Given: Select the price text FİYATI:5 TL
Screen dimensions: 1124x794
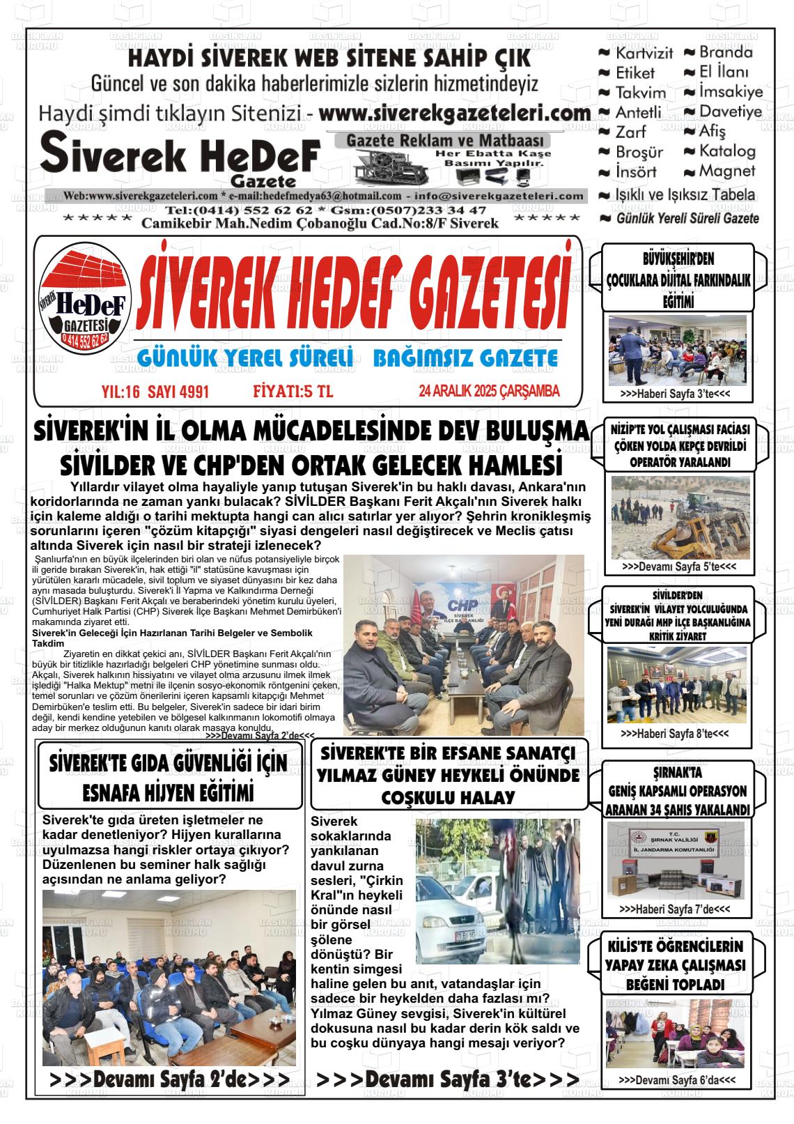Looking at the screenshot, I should [293, 392].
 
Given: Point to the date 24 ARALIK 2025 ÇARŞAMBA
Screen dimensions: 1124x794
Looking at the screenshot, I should [489, 392].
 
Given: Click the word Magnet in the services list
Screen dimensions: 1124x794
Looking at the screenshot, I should [726, 171].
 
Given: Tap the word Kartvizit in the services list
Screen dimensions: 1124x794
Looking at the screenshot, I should [644, 53].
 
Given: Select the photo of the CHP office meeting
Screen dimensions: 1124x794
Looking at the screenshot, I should [464, 645].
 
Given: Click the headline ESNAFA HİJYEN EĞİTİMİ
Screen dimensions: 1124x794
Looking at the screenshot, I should [168, 794].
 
